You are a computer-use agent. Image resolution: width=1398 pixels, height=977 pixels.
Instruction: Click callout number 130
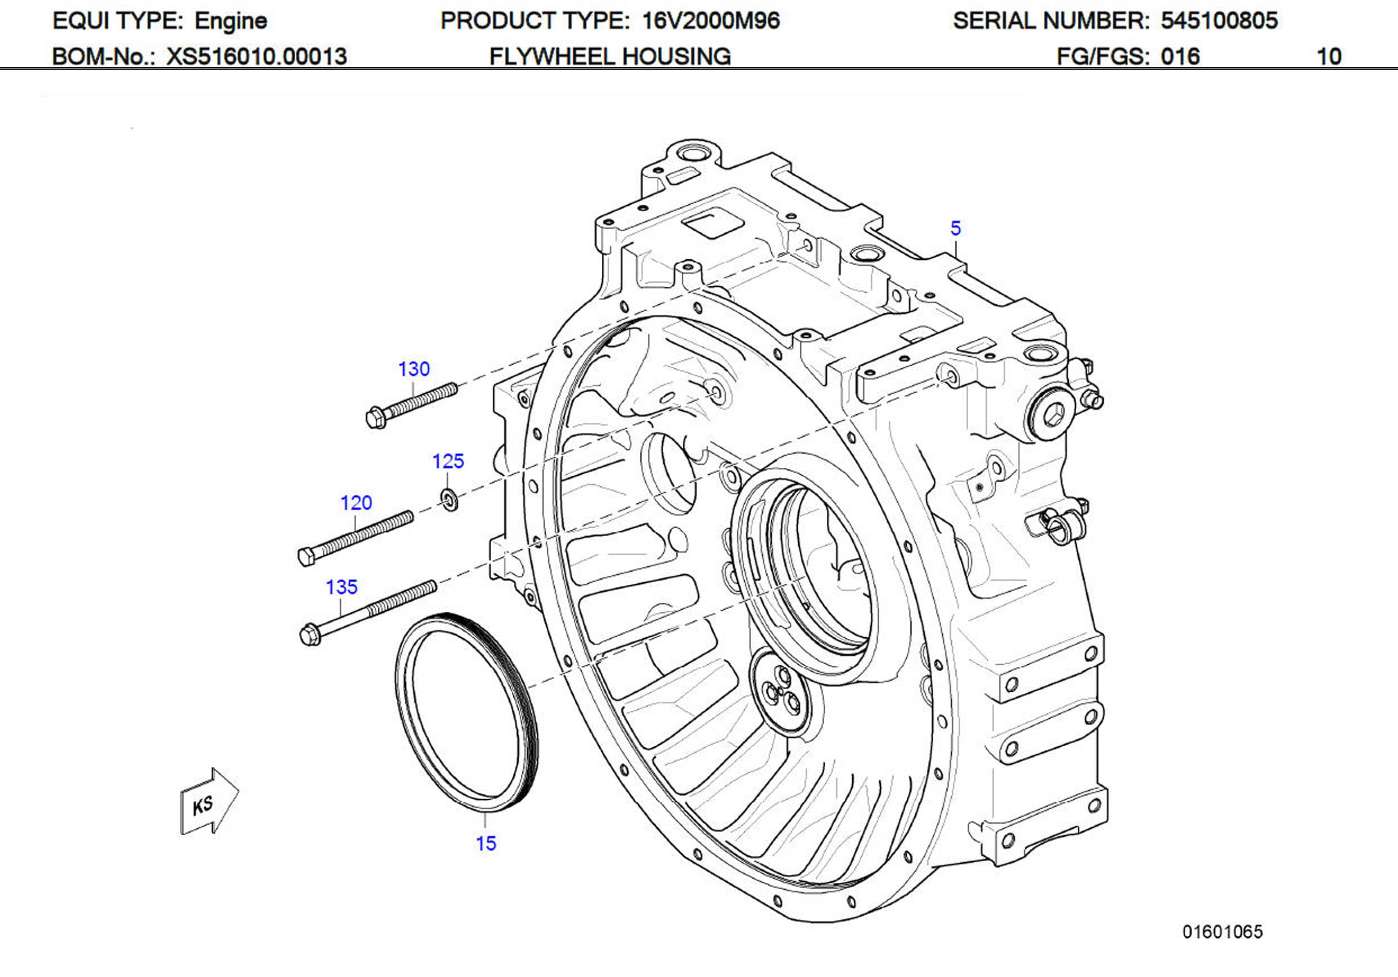point(414,369)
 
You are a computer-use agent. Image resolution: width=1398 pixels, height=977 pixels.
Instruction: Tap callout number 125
point(448,461)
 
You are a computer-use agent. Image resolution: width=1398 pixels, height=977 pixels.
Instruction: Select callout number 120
point(356,503)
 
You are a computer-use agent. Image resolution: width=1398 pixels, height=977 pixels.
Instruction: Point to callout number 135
point(341,587)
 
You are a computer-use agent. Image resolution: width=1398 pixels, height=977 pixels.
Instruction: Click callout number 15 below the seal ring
point(486,843)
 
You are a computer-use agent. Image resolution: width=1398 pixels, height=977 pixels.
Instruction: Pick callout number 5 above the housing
point(955,228)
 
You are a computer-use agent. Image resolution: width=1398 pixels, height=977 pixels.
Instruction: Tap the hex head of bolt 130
point(376,418)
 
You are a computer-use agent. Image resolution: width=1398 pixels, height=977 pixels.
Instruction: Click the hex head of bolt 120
point(306,556)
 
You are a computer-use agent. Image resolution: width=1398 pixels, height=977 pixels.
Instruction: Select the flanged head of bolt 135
point(310,635)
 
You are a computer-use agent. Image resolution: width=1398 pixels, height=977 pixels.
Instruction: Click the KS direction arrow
point(208,802)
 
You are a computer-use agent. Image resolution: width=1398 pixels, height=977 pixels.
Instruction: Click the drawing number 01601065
point(1222,931)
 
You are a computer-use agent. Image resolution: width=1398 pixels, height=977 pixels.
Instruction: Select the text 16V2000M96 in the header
point(711,21)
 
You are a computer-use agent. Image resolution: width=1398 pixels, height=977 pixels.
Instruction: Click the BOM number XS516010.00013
point(256,56)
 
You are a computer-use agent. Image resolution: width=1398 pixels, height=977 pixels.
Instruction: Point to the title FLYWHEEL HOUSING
point(610,56)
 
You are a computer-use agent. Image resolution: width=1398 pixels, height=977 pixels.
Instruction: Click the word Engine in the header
point(231,21)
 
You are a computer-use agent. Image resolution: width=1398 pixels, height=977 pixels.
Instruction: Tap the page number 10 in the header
point(1329,56)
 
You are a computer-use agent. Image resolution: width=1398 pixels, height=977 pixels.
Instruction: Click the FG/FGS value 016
point(1179,56)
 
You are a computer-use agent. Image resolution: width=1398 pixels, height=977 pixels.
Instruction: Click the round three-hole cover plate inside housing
point(781,692)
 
